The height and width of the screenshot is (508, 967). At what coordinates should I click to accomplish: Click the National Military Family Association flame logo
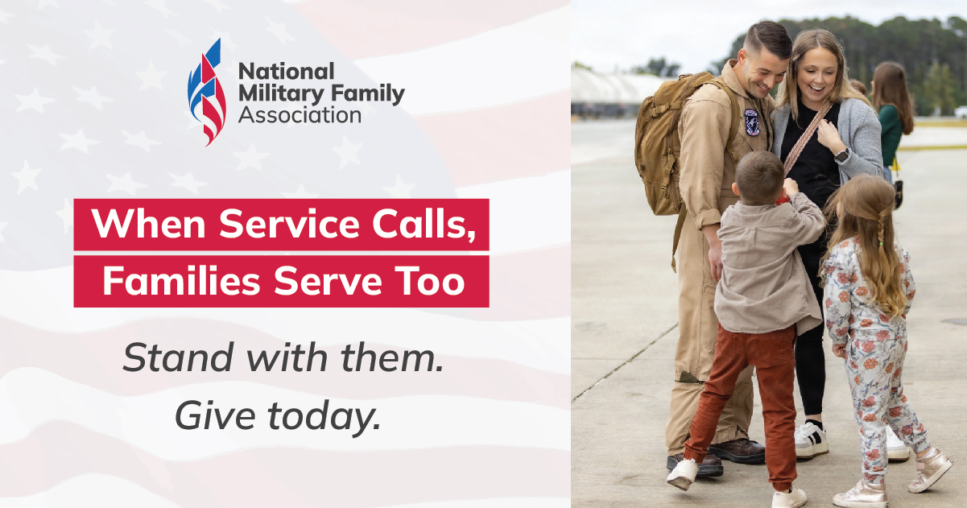coord(206,92)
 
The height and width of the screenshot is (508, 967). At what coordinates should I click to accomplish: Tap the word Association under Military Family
coord(300,115)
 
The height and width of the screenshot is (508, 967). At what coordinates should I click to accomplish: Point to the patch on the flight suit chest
coord(752,122)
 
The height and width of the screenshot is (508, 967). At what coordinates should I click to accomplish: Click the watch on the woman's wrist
coord(842,155)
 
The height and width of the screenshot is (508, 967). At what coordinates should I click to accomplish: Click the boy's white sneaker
coord(683,473)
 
